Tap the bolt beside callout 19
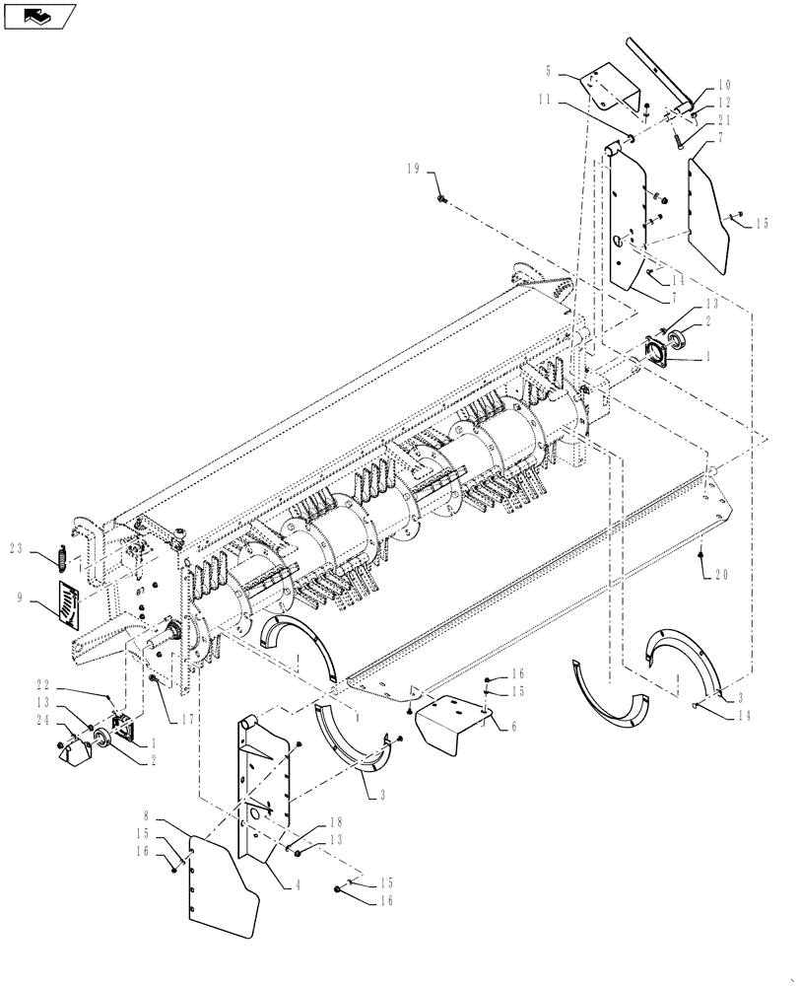(x=440, y=199)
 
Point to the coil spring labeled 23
(x=60, y=558)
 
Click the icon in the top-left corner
(x=39, y=16)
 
